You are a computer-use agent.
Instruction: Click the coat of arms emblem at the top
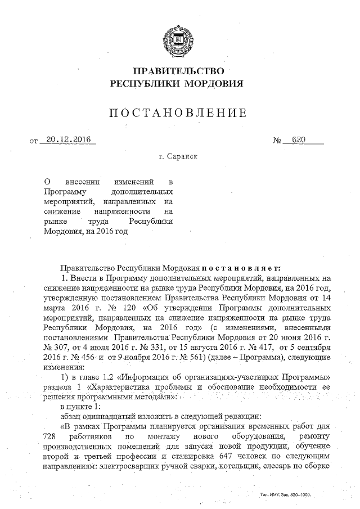click(179, 39)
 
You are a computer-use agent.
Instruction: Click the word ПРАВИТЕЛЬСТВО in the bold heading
click(178, 71)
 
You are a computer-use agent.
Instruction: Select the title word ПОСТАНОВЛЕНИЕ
click(178, 112)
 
